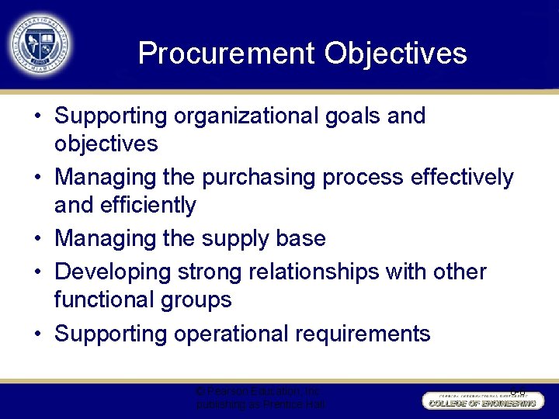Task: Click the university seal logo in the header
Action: click(40, 43)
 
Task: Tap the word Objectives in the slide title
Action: click(396, 54)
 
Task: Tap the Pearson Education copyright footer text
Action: click(261, 398)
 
